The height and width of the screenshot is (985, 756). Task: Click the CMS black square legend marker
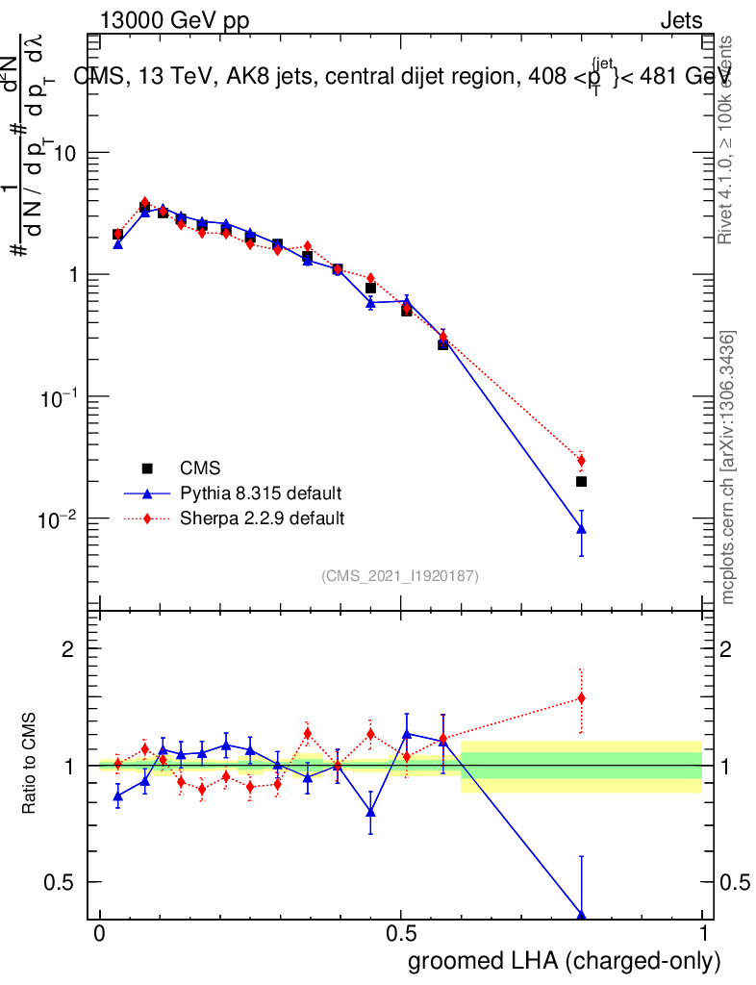[x=147, y=468]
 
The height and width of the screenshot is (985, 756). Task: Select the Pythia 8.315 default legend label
[x=260, y=493]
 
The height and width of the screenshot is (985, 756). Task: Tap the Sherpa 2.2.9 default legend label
[x=263, y=518]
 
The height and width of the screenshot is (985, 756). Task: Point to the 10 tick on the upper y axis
[x=65, y=154]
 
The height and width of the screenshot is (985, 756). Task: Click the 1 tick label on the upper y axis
[x=73, y=275]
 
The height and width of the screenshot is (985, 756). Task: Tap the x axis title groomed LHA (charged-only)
[x=566, y=961]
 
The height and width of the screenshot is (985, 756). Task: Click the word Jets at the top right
[x=680, y=21]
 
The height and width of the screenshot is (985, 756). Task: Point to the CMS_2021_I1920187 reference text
[x=400, y=576]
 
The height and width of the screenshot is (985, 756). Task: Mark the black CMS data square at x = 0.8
[x=581, y=481]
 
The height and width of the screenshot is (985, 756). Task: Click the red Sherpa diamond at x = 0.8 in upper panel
[x=581, y=460]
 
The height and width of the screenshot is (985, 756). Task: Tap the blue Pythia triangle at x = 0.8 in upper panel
[x=581, y=529]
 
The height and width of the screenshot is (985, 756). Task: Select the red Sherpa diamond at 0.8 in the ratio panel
[x=581, y=698]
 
